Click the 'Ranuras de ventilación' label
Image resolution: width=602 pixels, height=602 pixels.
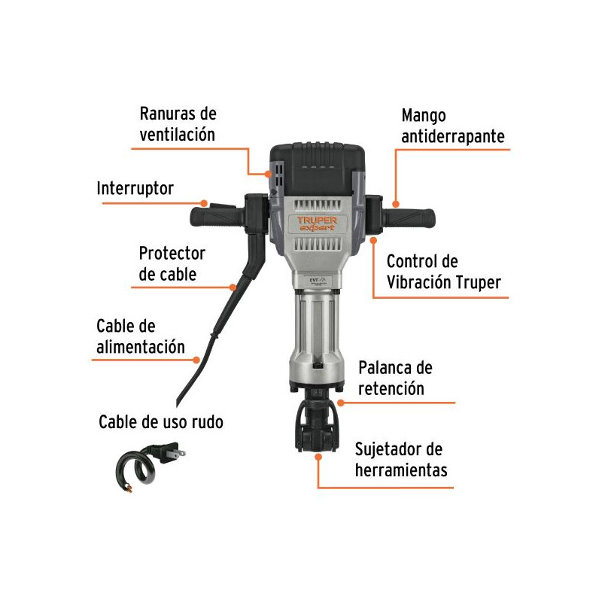click(x=178, y=124)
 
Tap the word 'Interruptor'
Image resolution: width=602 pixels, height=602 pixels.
click(x=135, y=188)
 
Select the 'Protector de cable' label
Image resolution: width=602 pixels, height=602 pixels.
click(x=172, y=264)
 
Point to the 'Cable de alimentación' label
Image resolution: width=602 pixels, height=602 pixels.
click(x=141, y=336)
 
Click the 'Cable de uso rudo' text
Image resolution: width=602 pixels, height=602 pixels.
click(x=161, y=422)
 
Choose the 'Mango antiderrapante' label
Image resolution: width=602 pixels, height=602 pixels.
click(x=453, y=126)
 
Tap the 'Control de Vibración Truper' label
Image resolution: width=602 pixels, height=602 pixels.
click(x=444, y=272)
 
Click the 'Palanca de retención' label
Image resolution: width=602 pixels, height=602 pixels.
click(x=396, y=379)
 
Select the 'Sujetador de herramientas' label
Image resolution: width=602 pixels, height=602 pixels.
click(x=401, y=460)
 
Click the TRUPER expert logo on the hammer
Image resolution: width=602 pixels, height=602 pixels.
click(x=317, y=223)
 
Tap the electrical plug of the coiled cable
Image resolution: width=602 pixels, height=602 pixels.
click(x=168, y=453)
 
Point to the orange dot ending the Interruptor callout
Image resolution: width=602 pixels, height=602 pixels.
click(x=204, y=203)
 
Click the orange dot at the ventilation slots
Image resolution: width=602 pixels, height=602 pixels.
click(x=268, y=174)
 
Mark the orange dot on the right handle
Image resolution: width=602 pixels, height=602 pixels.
click(x=396, y=204)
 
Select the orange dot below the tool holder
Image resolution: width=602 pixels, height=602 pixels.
click(x=318, y=457)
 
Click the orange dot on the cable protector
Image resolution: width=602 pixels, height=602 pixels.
click(x=233, y=287)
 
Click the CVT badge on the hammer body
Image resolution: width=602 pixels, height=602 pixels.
click(x=318, y=281)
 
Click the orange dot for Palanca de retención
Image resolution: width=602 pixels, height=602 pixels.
click(x=341, y=403)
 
